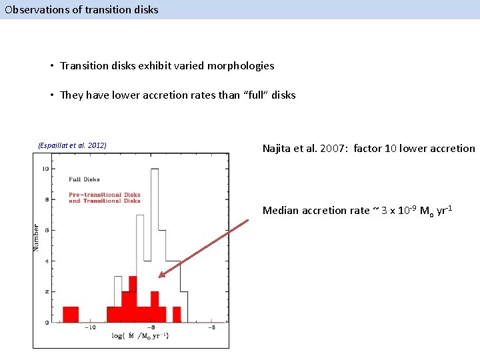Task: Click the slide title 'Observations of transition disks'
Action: pos(81,9)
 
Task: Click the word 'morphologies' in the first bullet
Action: pos(242,65)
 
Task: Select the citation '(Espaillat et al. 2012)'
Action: pos(73,145)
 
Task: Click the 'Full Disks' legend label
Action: pos(84,179)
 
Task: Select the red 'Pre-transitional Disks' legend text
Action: pos(105,195)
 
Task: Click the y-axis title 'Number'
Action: pos(37,237)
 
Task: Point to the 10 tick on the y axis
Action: pos(45,169)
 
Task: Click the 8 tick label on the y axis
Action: pos(46,199)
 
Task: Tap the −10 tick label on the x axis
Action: pos(91,328)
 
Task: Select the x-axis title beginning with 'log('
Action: pos(140,336)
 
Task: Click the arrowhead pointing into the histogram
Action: pos(162,274)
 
